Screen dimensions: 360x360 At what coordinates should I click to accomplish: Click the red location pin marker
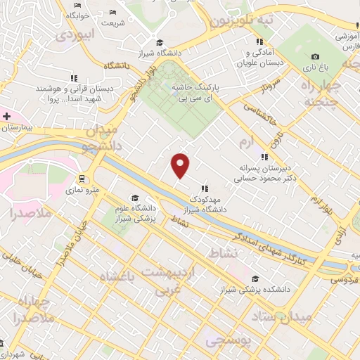[181, 165]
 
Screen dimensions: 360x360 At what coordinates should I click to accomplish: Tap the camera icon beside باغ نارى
[315, 57]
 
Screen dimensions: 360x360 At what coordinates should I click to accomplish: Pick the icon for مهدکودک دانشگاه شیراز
[205, 188]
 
